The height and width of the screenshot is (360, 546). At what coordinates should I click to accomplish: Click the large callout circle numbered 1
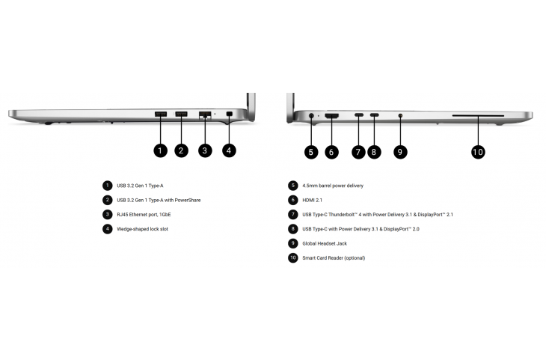[160, 150]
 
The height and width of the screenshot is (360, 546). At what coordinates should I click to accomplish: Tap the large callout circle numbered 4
[229, 150]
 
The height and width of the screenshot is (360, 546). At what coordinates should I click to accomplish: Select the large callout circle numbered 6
[331, 152]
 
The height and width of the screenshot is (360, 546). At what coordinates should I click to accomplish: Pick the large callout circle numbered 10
[478, 152]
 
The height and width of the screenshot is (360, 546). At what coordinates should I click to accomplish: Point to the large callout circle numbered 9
[400, 152]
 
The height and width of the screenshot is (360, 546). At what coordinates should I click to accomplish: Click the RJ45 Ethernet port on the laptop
[205, 115]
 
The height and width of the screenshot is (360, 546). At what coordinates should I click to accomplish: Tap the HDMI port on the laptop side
[331, 115]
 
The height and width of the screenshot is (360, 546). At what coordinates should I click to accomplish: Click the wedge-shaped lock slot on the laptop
[229, 114]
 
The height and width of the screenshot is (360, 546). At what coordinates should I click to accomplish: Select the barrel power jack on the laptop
[311, 115]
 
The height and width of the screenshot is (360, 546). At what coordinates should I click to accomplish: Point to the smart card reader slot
[478, 115]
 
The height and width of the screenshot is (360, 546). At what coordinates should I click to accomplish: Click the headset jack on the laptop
[400, 115]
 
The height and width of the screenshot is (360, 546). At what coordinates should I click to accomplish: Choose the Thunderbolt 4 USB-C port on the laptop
[359, 115]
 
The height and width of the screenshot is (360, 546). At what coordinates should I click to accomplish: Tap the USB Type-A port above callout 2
[181, 114]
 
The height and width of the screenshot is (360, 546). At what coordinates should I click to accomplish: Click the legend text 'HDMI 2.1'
[312, 200]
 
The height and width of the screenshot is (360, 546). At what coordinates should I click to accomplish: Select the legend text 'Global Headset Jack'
[325, 243]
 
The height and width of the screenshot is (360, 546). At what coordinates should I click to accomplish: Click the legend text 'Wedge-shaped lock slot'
[142, 229]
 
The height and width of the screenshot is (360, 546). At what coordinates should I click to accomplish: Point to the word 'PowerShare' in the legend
[187, 200]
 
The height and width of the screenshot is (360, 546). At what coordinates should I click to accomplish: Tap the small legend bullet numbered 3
[107, 214]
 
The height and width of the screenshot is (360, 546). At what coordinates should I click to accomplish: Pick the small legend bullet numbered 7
[293, 214]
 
